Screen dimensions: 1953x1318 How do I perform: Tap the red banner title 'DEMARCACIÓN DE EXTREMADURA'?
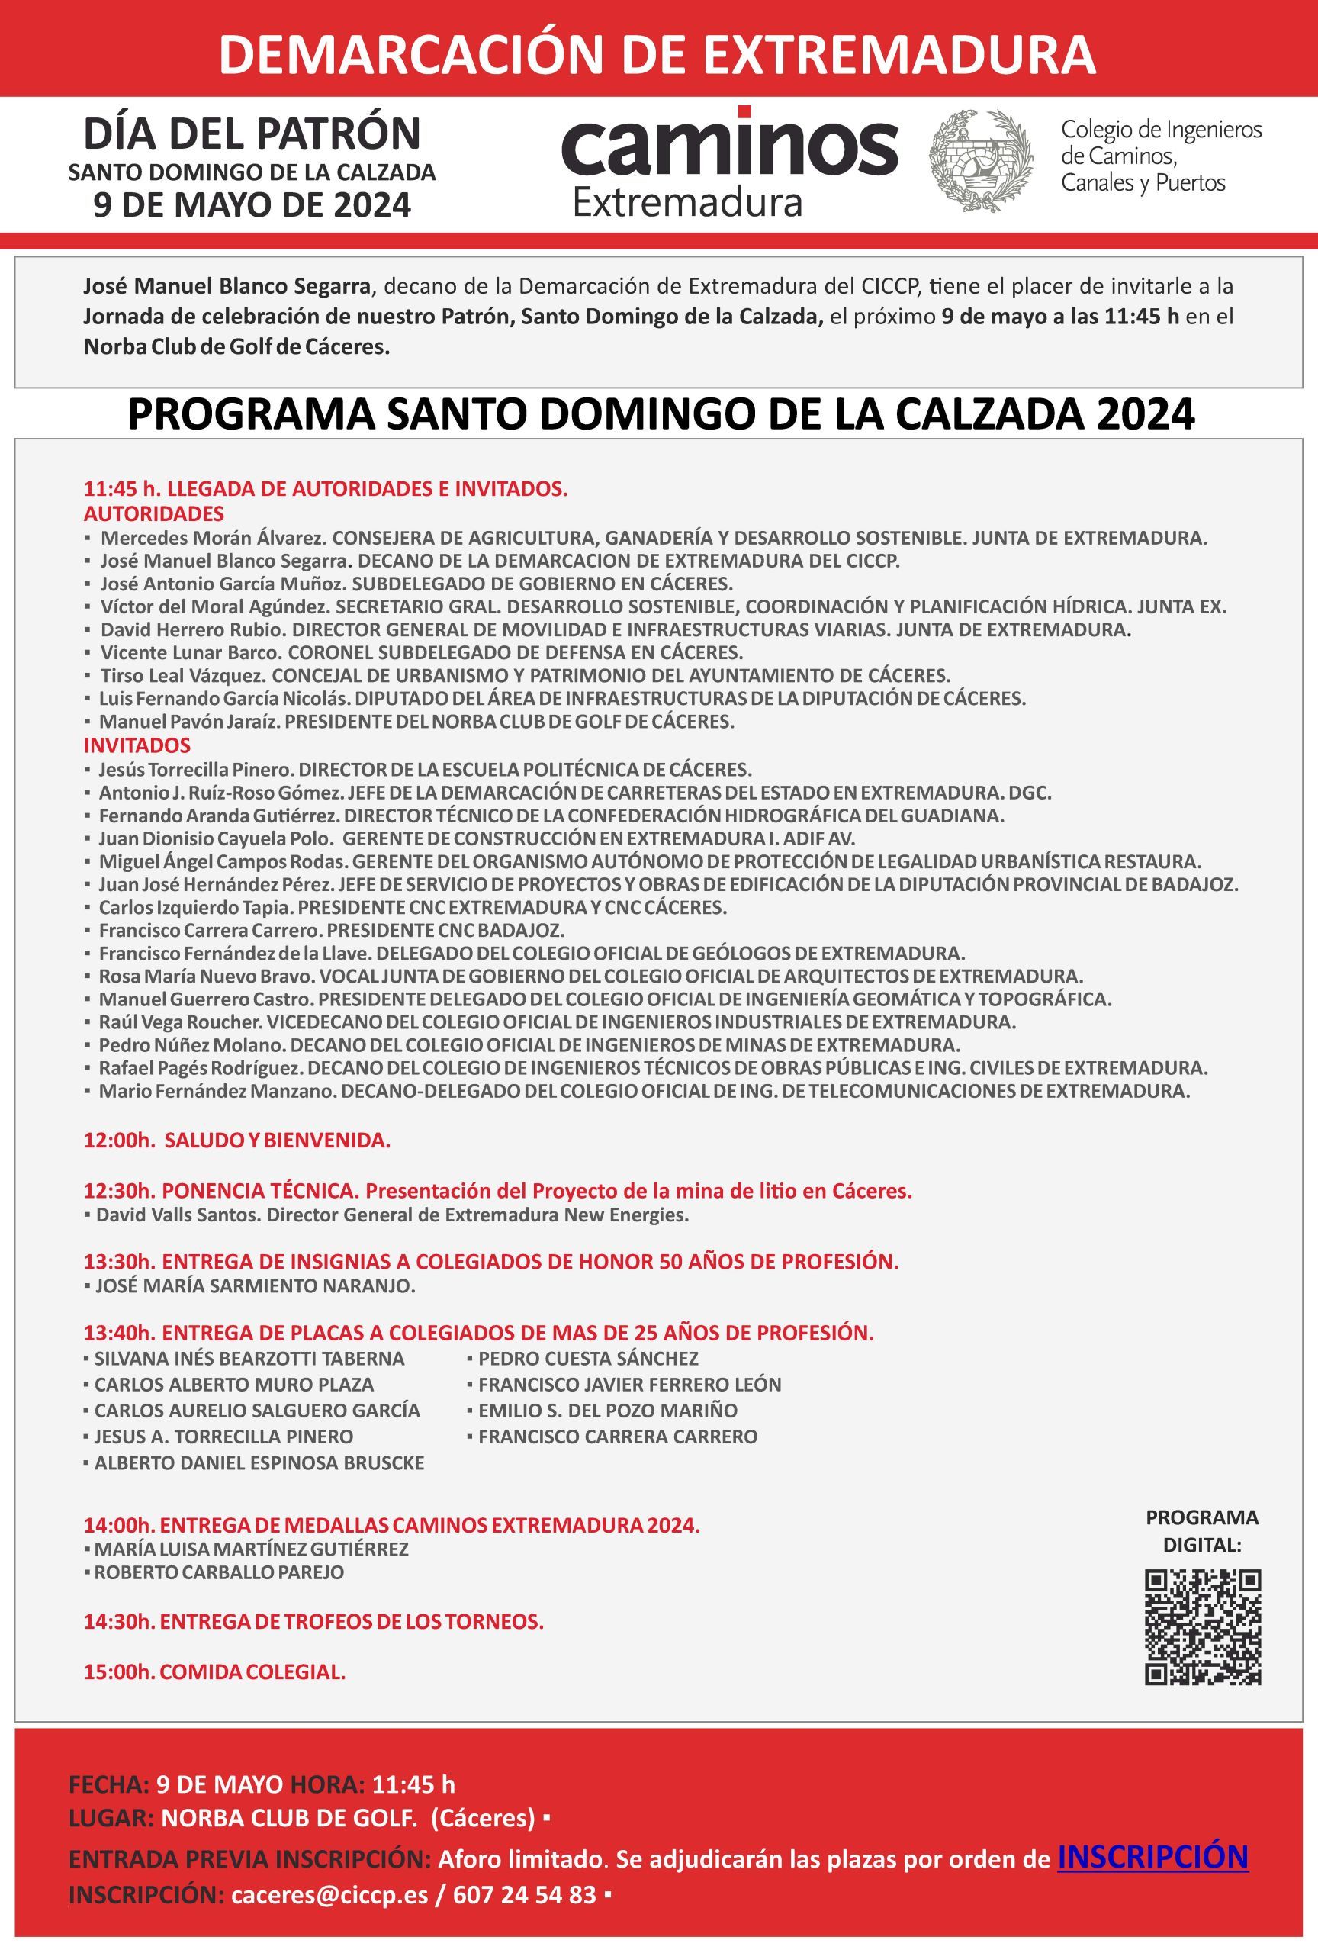(x=657, y=53)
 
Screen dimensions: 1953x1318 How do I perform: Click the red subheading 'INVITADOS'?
(x=137, y=745)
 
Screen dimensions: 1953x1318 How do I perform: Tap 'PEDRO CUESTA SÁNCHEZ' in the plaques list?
(x=588, y=1359)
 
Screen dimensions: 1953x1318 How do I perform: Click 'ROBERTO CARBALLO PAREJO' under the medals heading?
(x=218, y=1572)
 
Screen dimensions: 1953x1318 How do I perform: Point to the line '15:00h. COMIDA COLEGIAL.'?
(x=214, y=1672)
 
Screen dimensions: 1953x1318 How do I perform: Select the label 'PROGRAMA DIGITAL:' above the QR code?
(x=1202, y=1531)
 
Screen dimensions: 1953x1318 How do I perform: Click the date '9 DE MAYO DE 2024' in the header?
(x=252, y=205)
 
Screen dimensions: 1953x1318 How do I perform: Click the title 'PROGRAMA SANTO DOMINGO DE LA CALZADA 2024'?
(x=661, y=414)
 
